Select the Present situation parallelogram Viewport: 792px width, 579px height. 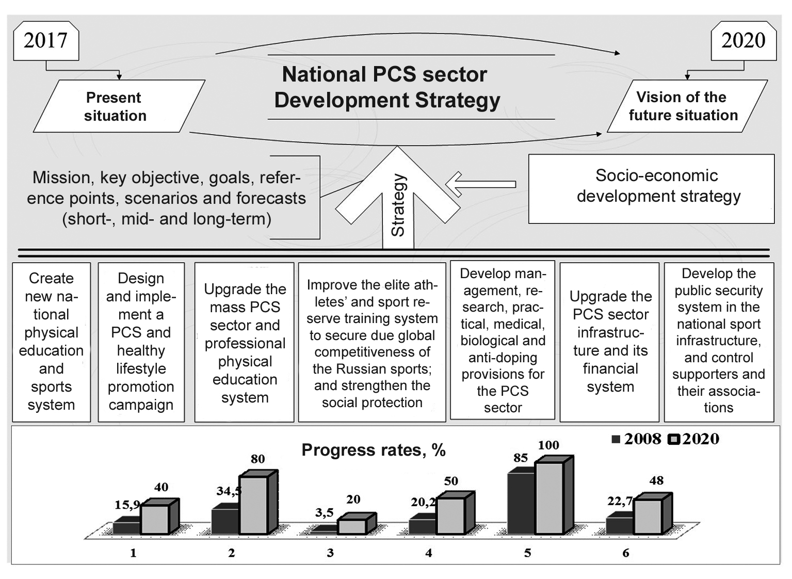point(116,106)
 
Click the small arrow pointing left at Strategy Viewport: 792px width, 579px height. point(480,184)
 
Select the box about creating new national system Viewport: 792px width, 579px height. point(51,342)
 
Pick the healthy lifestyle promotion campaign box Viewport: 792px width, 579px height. point(141,342)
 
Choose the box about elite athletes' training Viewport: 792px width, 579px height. point(372,343)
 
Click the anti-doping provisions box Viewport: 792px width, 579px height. point(503,341)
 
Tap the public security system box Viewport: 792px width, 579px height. point(719,341)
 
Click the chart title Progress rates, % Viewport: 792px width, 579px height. point(374,450)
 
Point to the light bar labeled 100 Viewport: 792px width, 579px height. point(549,497)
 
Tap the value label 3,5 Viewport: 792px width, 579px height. point(325,512)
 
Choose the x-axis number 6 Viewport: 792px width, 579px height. point(626,553)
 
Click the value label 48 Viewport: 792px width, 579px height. point(656,480)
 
